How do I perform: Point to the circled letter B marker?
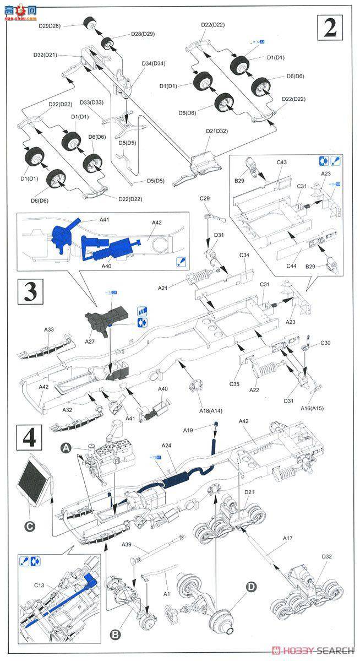tap(115, 635)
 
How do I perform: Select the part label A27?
tap(90, 342)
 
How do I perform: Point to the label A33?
tap(49, 329)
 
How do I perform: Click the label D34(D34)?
tap(154, 63)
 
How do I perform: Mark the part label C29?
tap(205, 198)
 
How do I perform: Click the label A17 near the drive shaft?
tap(287, 538)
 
